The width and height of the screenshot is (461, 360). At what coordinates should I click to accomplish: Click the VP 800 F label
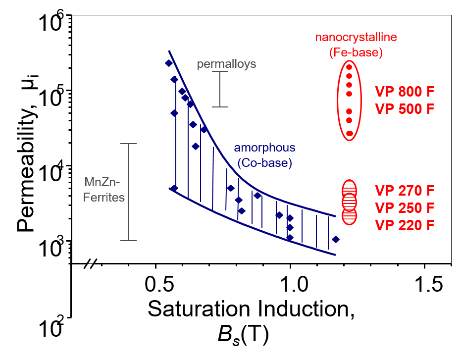[405, 92]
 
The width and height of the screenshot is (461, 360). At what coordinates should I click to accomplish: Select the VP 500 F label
[405, 109]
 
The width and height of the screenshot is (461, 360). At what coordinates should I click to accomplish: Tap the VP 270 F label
[405, 191]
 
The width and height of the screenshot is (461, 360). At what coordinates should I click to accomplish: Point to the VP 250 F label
[405, 208]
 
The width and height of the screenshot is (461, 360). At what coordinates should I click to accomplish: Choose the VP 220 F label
[405, 225]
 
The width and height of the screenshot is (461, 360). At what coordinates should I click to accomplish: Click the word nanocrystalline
[356, 37]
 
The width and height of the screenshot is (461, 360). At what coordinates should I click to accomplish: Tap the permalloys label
[226, 64]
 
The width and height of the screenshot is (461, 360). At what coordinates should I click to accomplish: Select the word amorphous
[264, 148]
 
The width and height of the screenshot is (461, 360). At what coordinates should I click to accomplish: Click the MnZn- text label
[102, 182]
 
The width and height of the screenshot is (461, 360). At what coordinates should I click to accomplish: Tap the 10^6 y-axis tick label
[51, 23]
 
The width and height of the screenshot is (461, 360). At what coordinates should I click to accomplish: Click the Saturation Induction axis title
[251, 309]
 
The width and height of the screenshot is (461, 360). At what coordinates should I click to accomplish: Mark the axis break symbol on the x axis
[89, 263]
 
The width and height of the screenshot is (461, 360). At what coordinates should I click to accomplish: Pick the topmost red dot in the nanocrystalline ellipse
[349, 67]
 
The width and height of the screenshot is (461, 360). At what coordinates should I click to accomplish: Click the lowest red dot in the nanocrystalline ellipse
[349, 134]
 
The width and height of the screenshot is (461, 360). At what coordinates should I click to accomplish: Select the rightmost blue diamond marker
[335, 239]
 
